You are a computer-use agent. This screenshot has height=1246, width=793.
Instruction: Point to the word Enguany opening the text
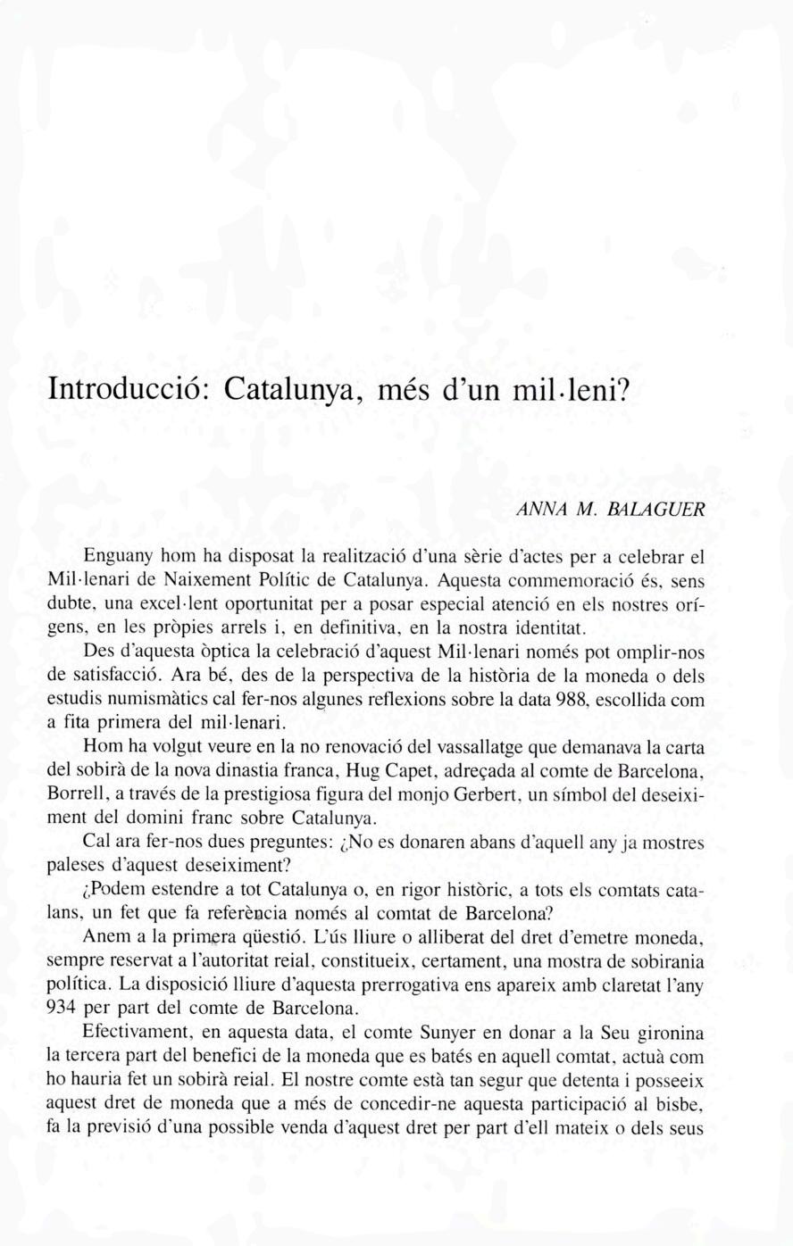click(114, 556)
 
